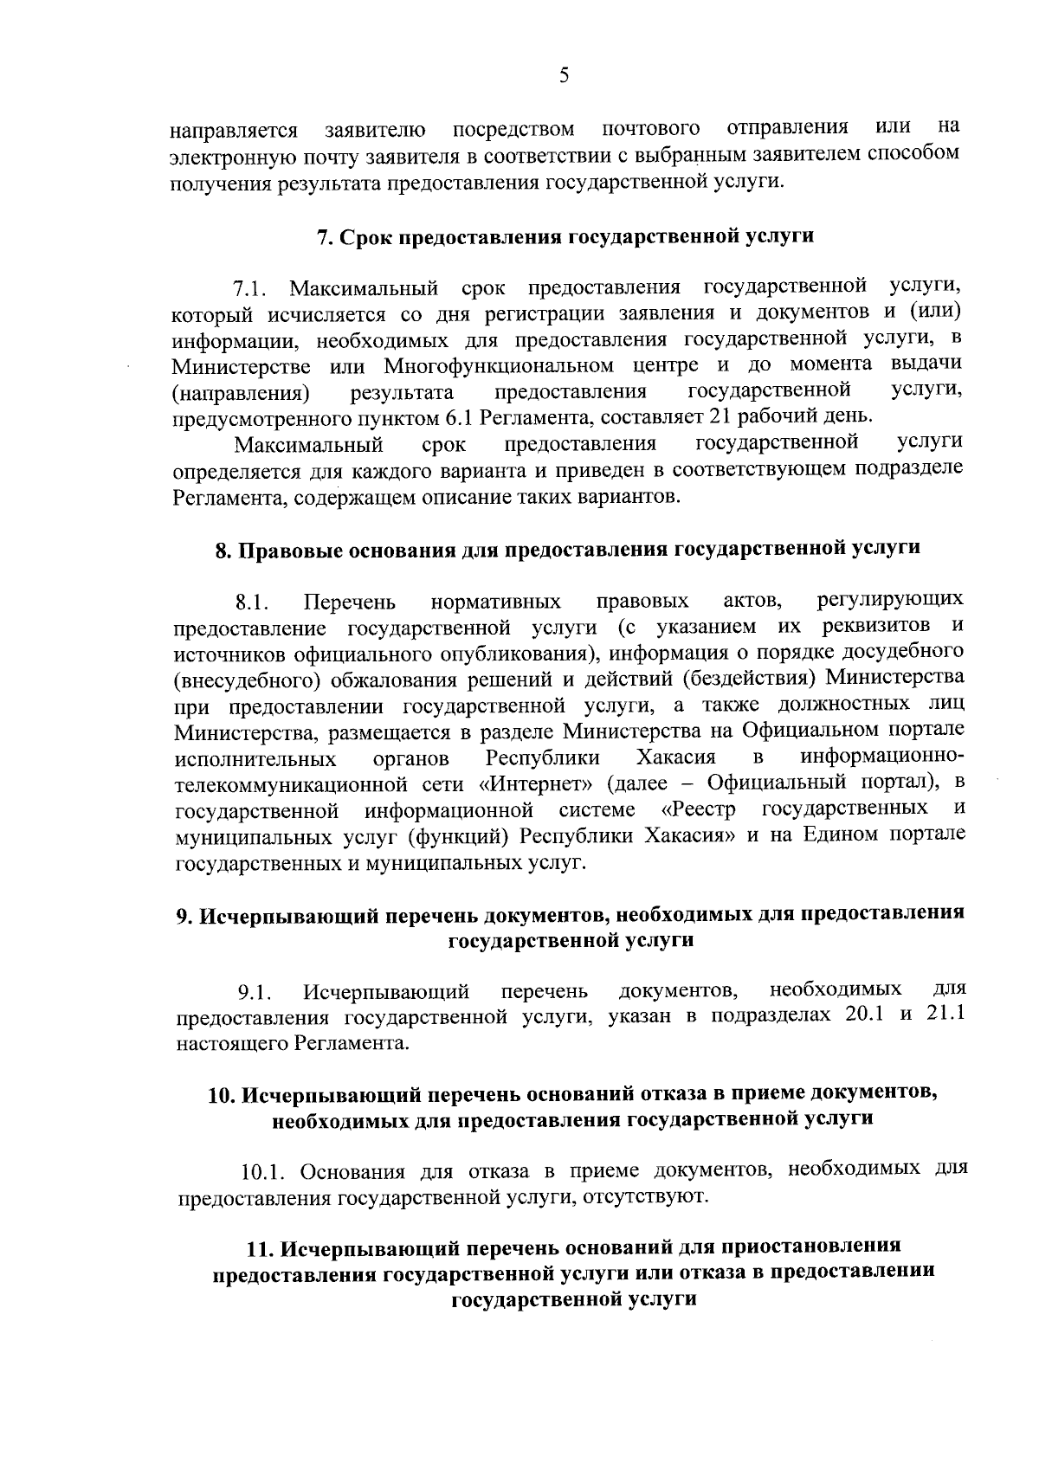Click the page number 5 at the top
click(x=564, y=75)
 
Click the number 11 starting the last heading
click(x=259, y=1249)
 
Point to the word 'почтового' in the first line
click(x=650, y=130)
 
